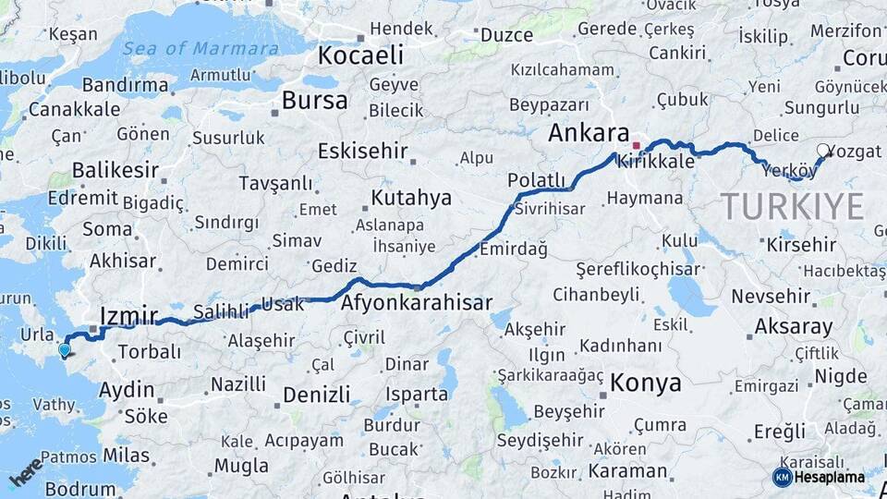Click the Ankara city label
click(x=589, y=133)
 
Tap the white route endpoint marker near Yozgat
click(x=823, y=150)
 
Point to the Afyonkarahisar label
click(x=416, y=302)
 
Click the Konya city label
click(x=646, y=383)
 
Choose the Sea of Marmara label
click(x=200, y=49)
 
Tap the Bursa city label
click(x=315, y=100)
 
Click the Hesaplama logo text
click(x=829, y=477)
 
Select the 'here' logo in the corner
click(x=26, y=471)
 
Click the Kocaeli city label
click(x=361, y=55)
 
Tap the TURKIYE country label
click(x=792, y=205)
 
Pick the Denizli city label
click(x=317, y=396)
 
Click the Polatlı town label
click(x=536, y=179)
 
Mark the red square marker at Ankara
click(x=636, y=145)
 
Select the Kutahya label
click(x=411, y=198)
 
